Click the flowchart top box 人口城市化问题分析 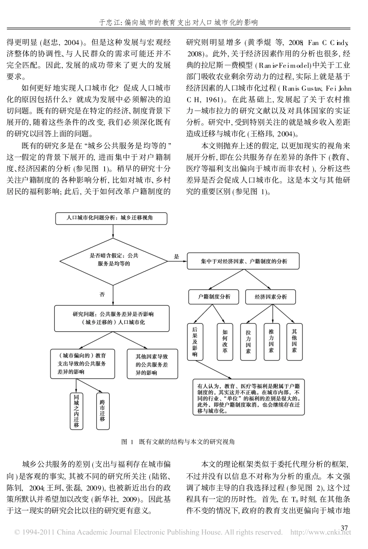point(112,218)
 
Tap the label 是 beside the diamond point(177,256)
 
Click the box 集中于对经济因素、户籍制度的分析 point(244,262)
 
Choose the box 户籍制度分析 point(214,297)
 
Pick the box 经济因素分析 point(271,297)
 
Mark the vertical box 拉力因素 point(248,341)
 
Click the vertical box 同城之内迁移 point(76,411)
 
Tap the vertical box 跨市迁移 point(102,411)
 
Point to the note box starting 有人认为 point(249,397)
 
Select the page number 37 point(344,527)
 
